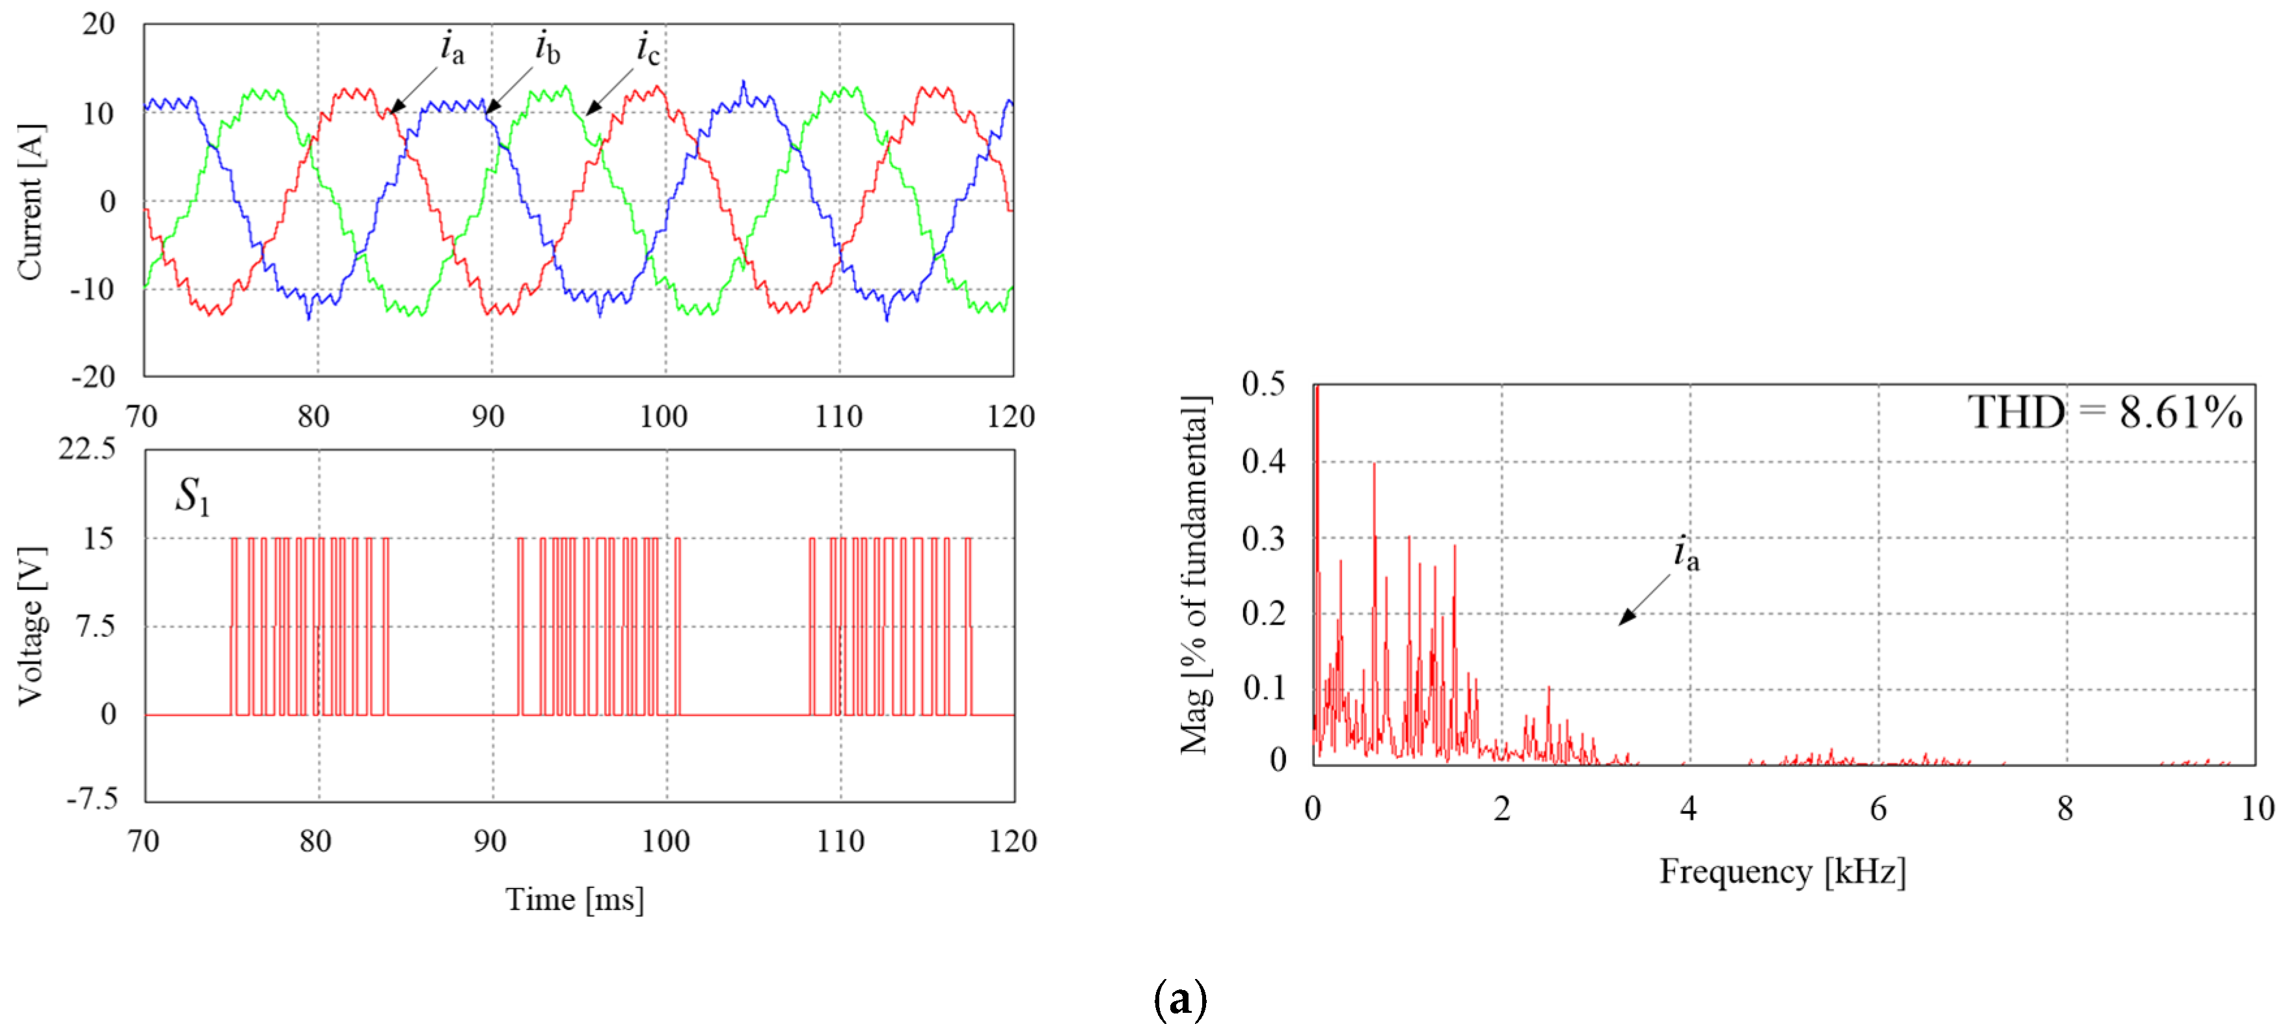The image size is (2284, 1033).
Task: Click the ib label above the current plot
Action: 547,48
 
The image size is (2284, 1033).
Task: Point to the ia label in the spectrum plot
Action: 1686,554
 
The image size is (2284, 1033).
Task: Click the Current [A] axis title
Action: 30,202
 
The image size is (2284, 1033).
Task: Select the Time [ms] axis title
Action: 574,899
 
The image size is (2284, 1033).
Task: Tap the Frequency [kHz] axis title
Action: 1782,872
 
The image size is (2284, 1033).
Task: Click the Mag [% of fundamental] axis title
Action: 1194,574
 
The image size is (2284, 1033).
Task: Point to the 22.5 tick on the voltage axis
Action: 87,449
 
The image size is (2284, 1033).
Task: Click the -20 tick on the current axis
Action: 93,377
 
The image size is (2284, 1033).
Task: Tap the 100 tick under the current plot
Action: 663,416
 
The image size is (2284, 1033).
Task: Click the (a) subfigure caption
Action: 1180,999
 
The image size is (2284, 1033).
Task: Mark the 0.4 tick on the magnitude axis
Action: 1263,461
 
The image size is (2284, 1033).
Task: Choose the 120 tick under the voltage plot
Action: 1013,840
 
